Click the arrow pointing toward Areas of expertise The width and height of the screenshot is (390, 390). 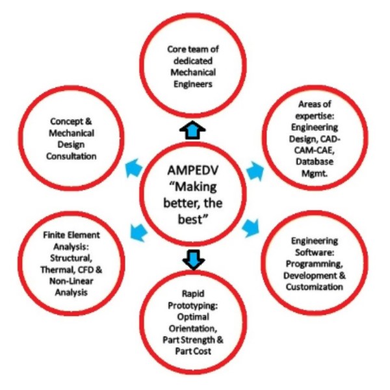coord(255,169)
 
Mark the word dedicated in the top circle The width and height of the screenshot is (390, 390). coord(194,60)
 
